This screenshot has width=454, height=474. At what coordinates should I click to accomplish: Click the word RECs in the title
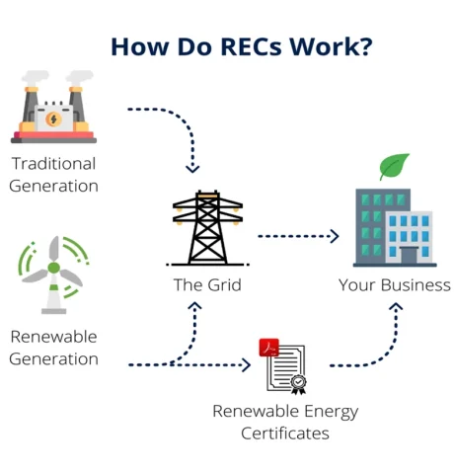coord(251,46)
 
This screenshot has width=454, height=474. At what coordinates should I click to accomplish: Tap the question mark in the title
coord(365,46)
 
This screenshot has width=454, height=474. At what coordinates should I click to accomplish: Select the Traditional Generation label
coord(53,175)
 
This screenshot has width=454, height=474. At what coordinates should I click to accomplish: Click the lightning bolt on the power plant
coord(53,118)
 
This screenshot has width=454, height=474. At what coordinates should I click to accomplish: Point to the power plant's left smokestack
coord(31,106)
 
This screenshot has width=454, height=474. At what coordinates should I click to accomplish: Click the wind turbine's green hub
coord(53,268)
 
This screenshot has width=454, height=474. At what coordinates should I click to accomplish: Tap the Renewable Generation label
coord(53,348)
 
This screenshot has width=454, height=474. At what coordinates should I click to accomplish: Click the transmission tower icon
coord(207,228)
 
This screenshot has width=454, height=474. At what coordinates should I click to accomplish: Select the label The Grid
coord(207,285)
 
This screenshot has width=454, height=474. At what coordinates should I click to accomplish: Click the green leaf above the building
coord(394,166)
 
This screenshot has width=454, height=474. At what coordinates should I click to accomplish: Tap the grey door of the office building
coord(409,255)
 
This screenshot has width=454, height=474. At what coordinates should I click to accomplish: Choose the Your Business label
coord(395,285)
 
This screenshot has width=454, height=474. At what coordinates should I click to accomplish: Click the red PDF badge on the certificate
coord(268,348)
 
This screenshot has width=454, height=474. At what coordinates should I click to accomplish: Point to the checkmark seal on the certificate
coord(298,382)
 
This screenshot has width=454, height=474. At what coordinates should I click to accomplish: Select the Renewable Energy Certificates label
coord(285,423)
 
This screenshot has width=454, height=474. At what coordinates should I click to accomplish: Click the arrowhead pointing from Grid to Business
coord(335,236)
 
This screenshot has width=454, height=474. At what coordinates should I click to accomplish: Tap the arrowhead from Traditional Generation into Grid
coord(192,169)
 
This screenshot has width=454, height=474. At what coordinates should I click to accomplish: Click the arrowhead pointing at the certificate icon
coord(247,364)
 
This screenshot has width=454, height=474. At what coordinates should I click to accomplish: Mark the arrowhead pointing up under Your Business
coord(396,307)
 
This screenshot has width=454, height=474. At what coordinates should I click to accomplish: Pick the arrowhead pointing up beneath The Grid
coord(194,306)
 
